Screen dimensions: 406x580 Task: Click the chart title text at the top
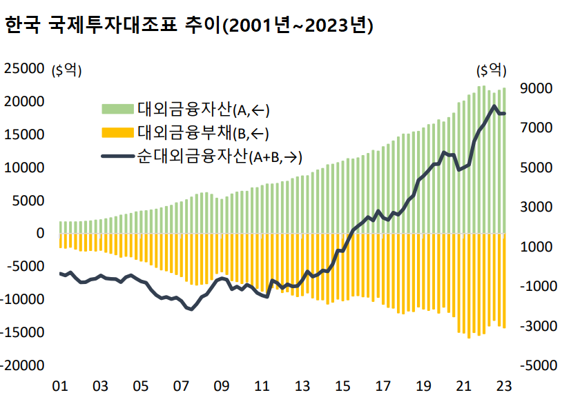(188, 26)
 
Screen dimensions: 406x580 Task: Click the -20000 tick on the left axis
(23, 365)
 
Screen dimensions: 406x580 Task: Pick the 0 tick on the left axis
(41, 233)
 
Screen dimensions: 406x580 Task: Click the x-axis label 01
(60, 386)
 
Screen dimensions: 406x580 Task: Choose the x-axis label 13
(302, 386)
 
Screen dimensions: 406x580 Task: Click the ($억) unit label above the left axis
(67, 70)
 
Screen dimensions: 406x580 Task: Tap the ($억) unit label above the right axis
(491, 70)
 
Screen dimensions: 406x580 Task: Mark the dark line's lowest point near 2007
(191, 309)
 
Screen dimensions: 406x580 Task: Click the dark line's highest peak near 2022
(494, 106)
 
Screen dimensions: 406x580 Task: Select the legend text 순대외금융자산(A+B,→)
(220, 156)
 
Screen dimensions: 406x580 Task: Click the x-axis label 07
(181, 386)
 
